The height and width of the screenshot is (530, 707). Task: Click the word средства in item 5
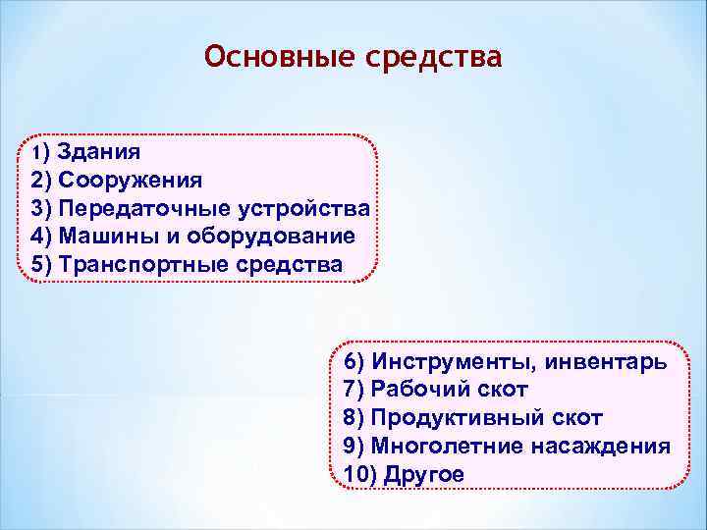click(x=291, y=265)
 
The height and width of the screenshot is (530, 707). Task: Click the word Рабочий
click(x=418, y=389)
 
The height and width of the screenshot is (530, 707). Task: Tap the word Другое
click(x=424, y=474)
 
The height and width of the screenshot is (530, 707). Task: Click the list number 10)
click(x=360, y=474)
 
